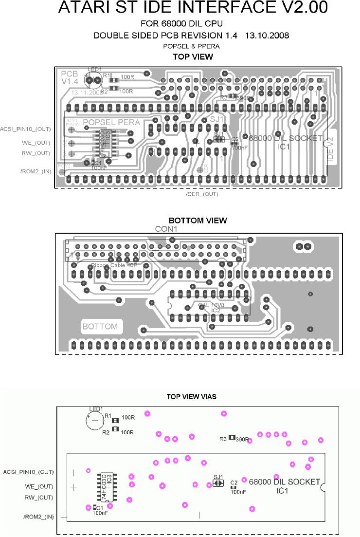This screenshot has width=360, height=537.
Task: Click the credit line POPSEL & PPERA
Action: [191, 46]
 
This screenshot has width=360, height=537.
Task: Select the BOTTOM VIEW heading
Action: [198, 221]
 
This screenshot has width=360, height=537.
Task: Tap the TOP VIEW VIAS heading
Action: [191, 397]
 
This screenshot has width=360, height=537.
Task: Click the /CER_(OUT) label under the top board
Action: [202, 194]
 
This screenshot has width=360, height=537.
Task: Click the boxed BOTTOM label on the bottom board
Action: [100, 326]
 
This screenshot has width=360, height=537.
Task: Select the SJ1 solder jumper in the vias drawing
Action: [218, 483]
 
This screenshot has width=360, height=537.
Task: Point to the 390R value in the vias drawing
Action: [242, 440]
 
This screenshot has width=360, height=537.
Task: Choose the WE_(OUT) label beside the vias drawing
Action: [37, 486]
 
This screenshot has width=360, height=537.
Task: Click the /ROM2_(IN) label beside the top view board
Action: [36, 171]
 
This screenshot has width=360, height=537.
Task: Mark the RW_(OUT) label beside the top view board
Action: [36, 153]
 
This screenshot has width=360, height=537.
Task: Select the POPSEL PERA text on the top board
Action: [111, 122]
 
